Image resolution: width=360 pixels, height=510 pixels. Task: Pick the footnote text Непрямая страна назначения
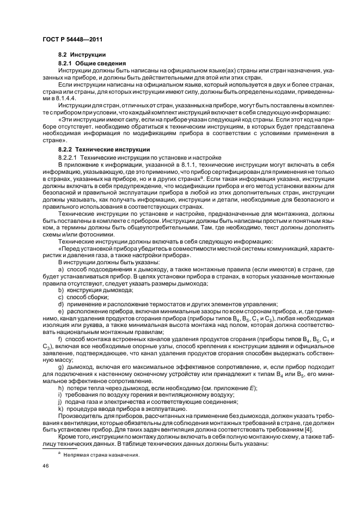pyautogui.click(x=101, y=455)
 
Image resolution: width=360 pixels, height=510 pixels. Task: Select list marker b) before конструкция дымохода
pyautogui.click(x=61, y=290)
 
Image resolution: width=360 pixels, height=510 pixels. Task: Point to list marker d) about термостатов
pyautogui.click(x=61, y=304)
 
